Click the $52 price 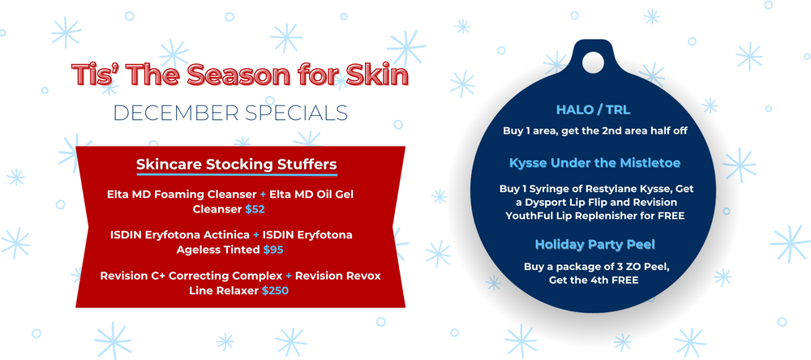tap(255, 209)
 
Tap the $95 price tap(273, 250)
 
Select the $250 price tap(275, 291)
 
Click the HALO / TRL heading tap(593, 110)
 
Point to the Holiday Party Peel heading tap(594, 244)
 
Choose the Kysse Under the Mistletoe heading tap(594, 164)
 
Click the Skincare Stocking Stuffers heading tap(237, 165)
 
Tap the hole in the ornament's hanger tap(594, 62)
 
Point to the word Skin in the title tap(376, 75)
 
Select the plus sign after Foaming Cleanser tap(263, 195)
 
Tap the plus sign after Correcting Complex tap(289, 276)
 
